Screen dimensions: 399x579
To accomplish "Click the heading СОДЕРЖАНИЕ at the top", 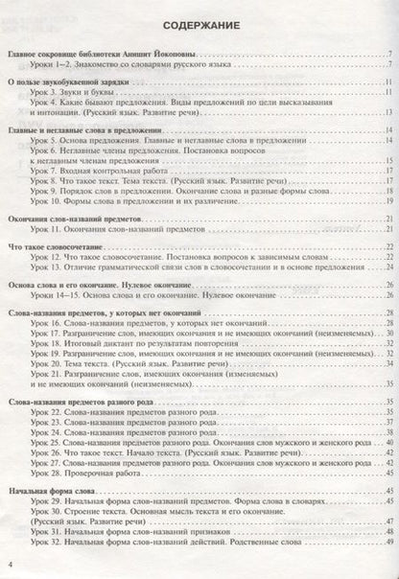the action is coord(200,26).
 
